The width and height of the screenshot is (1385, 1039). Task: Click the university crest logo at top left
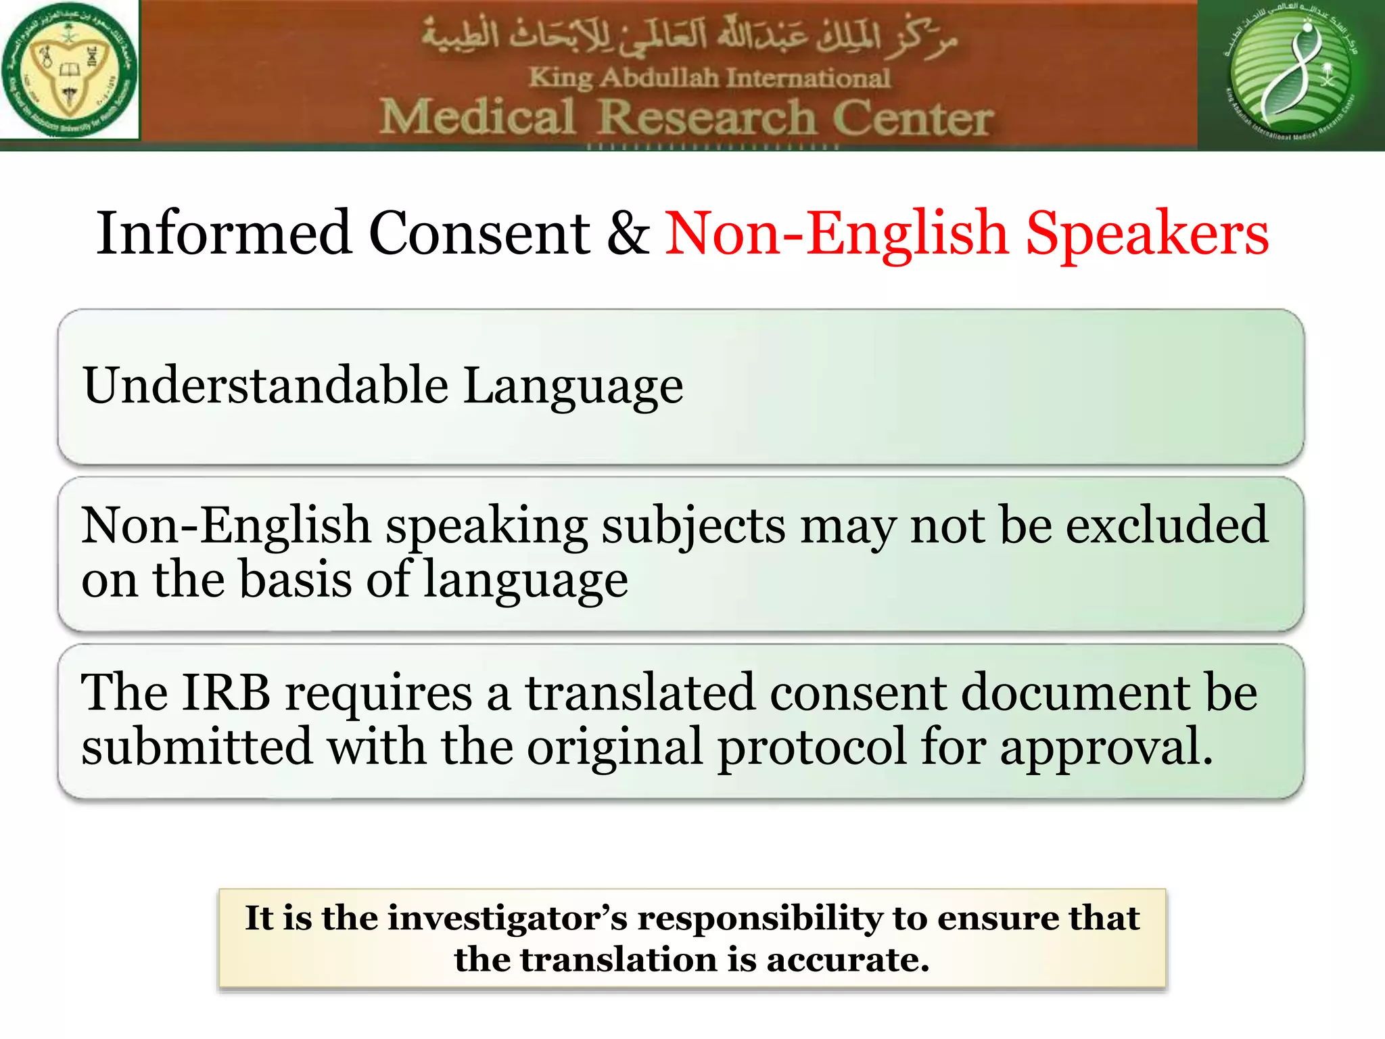(x=69, y=70)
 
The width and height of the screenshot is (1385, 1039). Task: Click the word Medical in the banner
(x=477, y=117)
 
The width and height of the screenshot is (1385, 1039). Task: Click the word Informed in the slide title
(x=224, y=233)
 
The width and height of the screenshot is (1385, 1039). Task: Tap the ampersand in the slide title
(x=628, y=234)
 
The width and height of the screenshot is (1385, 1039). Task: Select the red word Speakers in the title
(x=1147, y=234)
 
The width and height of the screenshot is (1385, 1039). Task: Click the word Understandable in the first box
(x=265, y=386)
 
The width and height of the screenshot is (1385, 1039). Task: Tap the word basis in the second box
(x=296, y=580)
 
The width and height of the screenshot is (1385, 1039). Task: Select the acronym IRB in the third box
(x=226, y=693)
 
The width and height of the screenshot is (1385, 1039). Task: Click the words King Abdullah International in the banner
(x=709, y=78)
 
